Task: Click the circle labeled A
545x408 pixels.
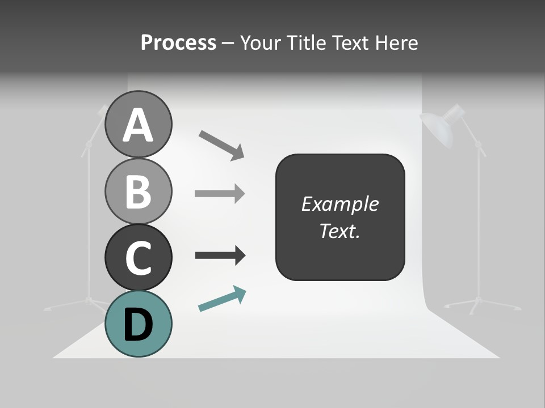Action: coord(138,124)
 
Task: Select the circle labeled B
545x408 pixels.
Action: coord(138,191)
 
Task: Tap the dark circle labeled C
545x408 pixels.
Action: coord(138,257)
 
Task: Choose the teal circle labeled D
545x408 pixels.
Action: coord(138,324)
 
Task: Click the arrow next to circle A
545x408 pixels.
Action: coord(221,145)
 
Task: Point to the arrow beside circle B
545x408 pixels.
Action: coord(220,194)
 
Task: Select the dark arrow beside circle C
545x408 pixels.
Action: coord(220,255)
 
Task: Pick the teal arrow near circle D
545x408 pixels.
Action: coord(222,299)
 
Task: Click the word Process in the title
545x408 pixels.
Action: coord(178,42)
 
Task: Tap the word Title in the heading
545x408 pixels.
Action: coord(306,42)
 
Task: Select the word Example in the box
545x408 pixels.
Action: coord(339,204)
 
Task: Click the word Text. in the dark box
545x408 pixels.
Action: coord(339,231)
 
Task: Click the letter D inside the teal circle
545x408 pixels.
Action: coord(138,325)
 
